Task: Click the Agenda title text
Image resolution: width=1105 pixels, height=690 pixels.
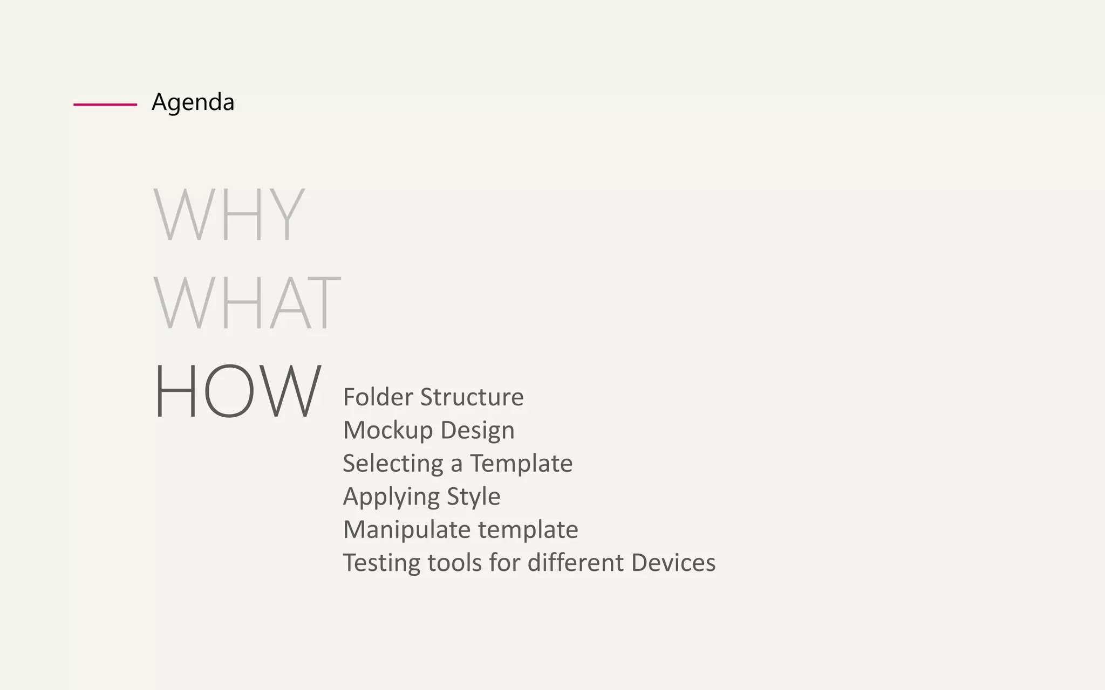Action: pos(193,102)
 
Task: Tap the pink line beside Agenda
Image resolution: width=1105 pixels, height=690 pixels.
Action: pos(105,105)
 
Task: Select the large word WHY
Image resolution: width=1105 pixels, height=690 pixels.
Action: pos(229,214)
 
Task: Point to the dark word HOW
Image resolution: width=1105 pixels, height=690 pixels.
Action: pos(237,391)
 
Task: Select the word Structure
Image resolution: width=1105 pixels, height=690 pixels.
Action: pos(472,397)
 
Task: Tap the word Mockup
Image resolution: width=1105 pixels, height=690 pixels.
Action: pos(388,430)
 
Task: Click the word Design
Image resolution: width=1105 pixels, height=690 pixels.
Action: pos(478,431)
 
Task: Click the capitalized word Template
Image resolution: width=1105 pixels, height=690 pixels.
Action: pos(521,464)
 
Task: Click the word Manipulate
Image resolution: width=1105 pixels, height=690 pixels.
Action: pos(406,530)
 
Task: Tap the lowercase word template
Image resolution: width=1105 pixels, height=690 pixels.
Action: pos(528,530)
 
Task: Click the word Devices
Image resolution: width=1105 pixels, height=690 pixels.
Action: pos(673,563)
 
